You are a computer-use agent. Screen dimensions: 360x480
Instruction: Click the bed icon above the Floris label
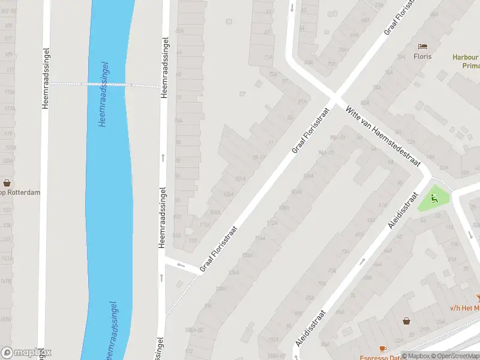423,46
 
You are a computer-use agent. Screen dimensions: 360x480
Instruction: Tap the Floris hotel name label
422,57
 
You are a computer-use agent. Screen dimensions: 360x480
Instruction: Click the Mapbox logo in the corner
26,352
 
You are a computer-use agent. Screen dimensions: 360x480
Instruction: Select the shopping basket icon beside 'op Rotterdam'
7,183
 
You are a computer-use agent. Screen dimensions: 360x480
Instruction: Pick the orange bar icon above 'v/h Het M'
478,297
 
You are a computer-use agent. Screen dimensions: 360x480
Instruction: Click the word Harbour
466,58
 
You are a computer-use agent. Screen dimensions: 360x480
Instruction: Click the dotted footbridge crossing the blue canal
106,85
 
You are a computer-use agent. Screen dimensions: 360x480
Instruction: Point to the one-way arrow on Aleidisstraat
362,261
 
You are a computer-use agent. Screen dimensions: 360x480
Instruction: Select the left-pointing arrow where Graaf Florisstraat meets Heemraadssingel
180,264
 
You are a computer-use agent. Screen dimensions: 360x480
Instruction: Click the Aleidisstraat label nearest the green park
402,210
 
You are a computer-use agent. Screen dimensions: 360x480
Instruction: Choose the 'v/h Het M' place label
465,308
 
